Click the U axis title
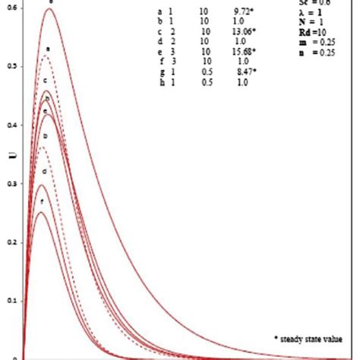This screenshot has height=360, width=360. tap(11, 158)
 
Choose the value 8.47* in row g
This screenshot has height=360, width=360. tap(245, 71)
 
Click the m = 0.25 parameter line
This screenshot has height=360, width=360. tap(311, 43)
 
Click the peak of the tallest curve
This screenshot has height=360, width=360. tap(50, 8)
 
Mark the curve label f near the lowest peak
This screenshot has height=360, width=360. tap(42, 202)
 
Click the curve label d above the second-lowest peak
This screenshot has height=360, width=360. tap(45, 172)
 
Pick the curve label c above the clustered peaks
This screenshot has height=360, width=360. tap(46, 81)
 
